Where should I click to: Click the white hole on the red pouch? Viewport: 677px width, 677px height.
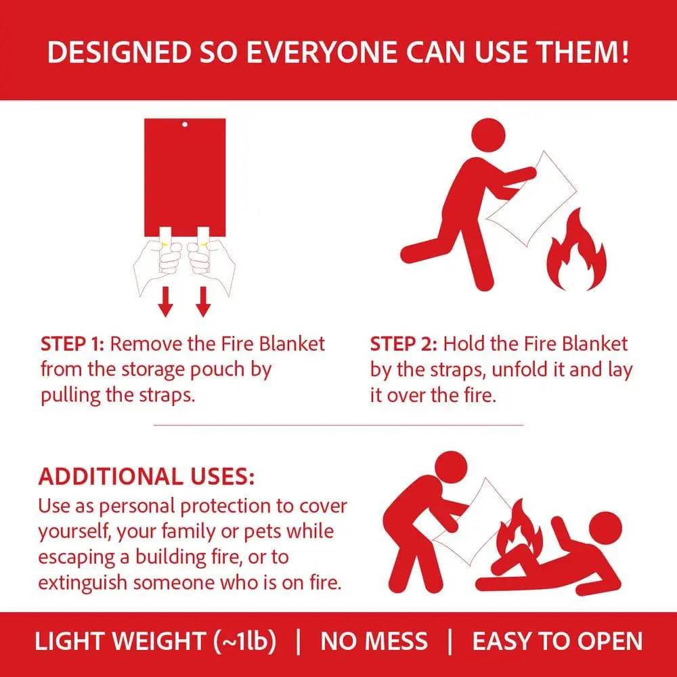[185, 125]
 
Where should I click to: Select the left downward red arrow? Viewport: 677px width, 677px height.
[165, 302]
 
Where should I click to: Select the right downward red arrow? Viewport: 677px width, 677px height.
[203, 302]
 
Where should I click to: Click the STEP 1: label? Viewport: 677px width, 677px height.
[72, 344]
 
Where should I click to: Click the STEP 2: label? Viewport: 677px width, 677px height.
[403, 344]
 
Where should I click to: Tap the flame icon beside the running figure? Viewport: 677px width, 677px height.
[576, 250]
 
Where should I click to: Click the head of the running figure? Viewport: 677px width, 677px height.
[488, 135]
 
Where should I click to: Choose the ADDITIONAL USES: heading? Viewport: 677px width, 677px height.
[146, 477]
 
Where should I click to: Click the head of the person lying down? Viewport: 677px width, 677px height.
[605, 528]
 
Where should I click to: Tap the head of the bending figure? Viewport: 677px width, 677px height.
[451, 468]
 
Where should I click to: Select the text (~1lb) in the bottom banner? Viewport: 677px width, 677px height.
[245, 640]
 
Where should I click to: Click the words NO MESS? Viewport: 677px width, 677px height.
[374, 641]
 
